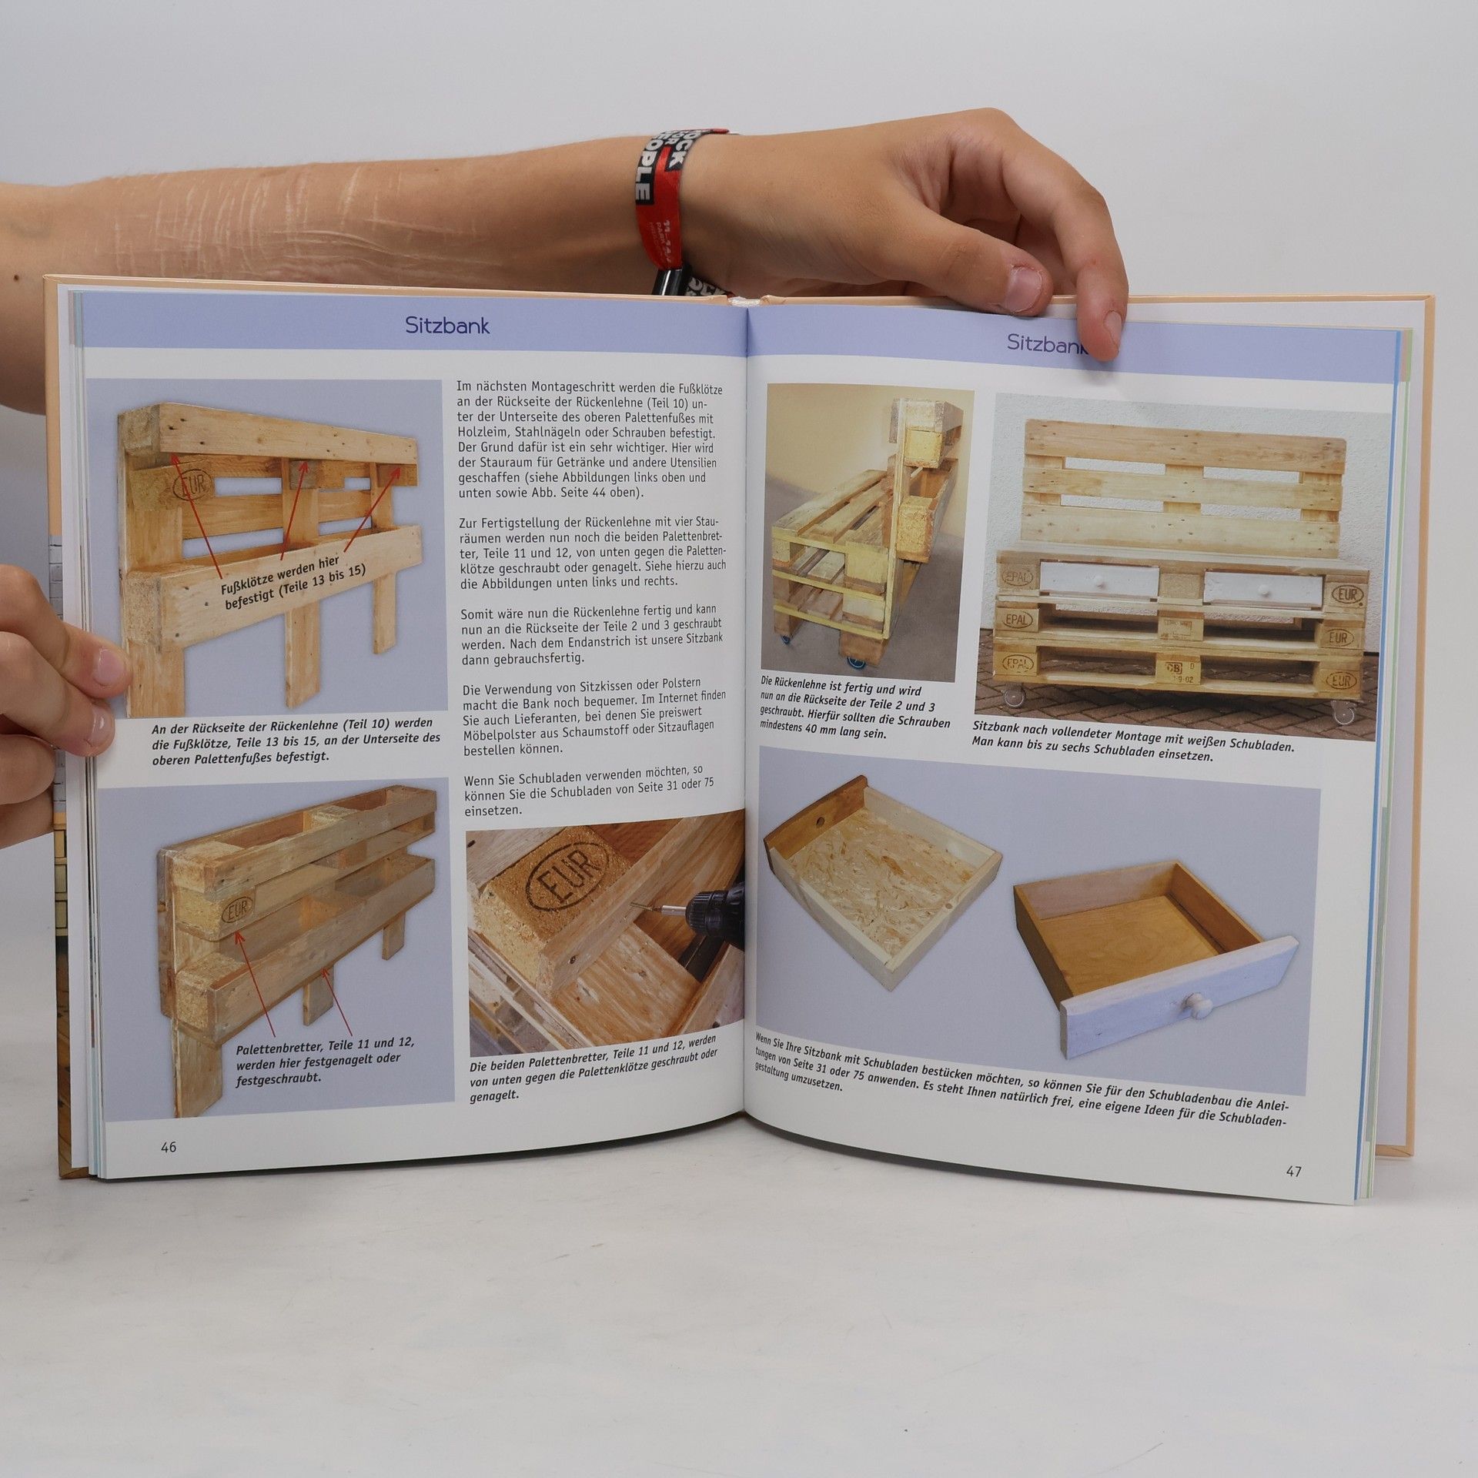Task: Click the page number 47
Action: (1293, 1171)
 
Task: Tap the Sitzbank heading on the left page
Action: (447, 326)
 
